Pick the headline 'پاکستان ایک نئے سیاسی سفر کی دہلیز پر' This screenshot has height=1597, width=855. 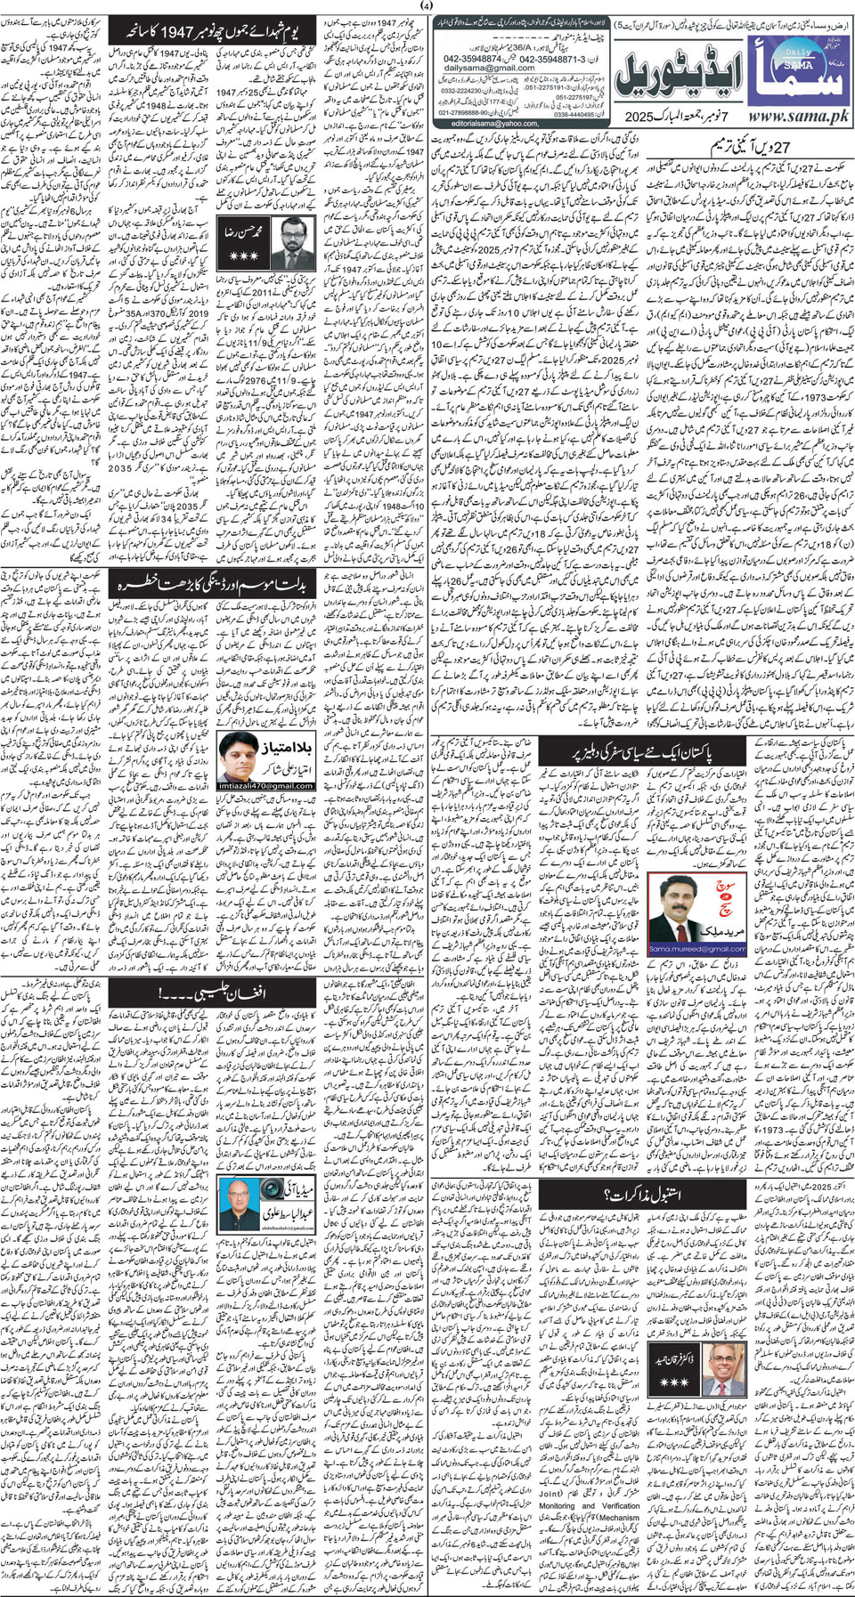(x=640, y=751)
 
